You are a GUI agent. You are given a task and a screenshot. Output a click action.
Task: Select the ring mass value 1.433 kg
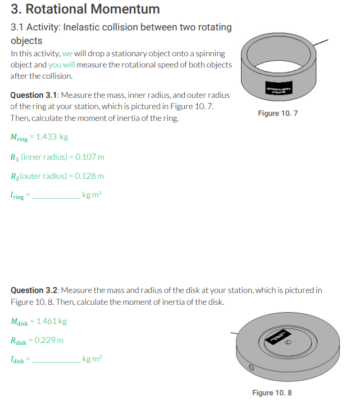coord(52,137)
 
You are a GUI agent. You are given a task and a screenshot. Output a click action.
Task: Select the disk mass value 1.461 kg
coord(52,321)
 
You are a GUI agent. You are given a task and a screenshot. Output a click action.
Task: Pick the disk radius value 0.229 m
coord(49,340)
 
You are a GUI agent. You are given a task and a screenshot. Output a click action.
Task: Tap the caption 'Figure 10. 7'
coord(277,114)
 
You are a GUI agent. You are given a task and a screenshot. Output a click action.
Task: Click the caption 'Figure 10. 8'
coord(272,393)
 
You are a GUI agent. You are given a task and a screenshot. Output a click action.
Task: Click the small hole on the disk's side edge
coord(252,369)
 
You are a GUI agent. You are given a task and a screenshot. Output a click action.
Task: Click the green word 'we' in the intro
coord(67,53)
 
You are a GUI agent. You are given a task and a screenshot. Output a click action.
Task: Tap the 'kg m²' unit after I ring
coord(92,195)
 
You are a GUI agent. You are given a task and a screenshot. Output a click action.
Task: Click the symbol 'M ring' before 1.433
coord(19,138)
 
